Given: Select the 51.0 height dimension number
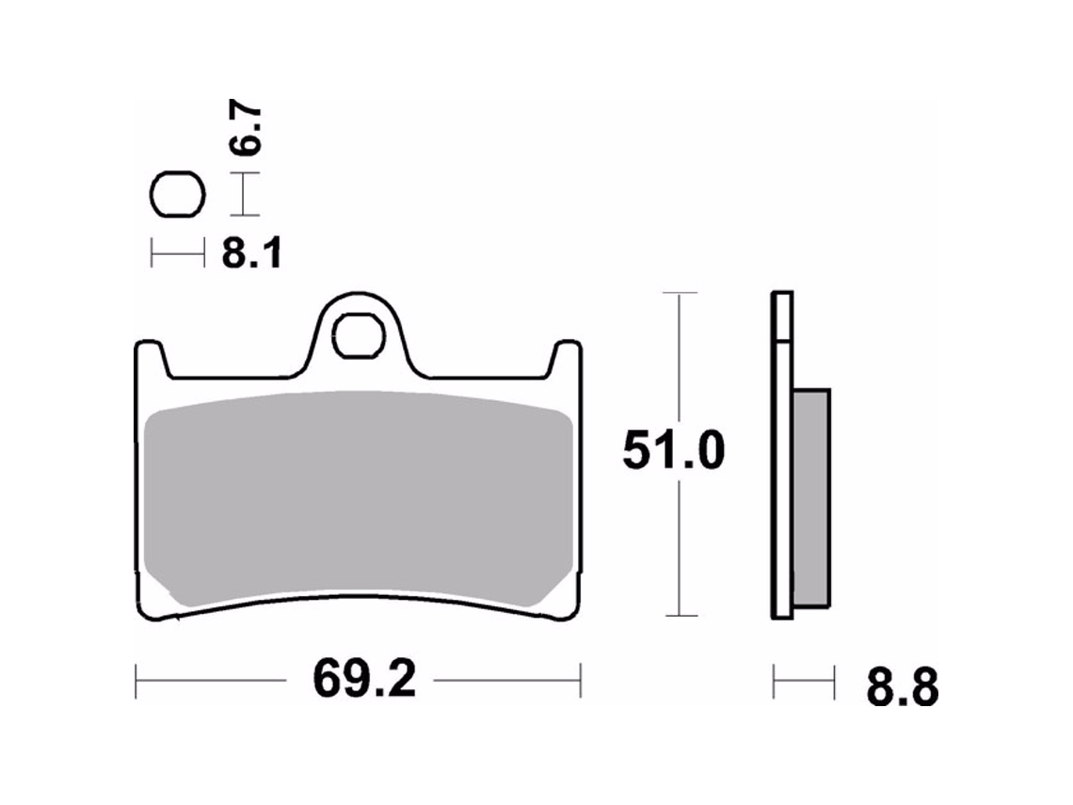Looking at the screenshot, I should (x=673, y=453).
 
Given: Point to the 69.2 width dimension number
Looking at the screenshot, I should (x=364, y=680).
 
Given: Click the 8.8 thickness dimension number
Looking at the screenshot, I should (x=901, y=688).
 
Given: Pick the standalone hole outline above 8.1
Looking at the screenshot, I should (x=177, y=196).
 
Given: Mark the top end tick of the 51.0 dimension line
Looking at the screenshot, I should (x=680, y=293).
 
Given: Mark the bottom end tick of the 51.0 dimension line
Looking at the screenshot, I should (x=680, y=616).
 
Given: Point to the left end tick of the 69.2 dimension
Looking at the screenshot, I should (x=136, y=681).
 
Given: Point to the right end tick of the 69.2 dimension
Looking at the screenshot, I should (x=581, y=681).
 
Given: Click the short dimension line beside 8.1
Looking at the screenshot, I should (x=177, y=252).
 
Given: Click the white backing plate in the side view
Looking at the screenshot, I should (x=780, y=471).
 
